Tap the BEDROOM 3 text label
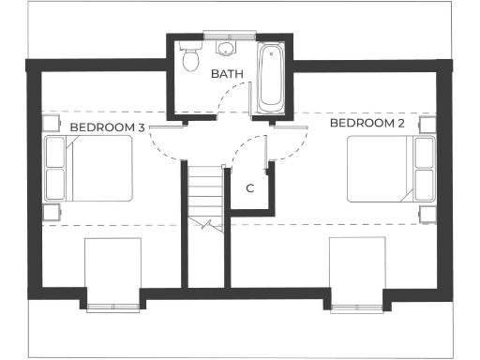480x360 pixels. click(x=106, y=126)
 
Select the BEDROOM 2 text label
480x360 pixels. click(x=367, y=124)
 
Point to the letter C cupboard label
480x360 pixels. click(x=249, y=187)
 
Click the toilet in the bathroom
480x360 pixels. click(x=190, y=60)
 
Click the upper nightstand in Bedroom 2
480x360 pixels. click(x=427, y=124)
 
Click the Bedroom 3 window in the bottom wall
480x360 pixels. click(x=113, y=307)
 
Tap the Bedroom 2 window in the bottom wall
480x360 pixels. click(x=358, y=307)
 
